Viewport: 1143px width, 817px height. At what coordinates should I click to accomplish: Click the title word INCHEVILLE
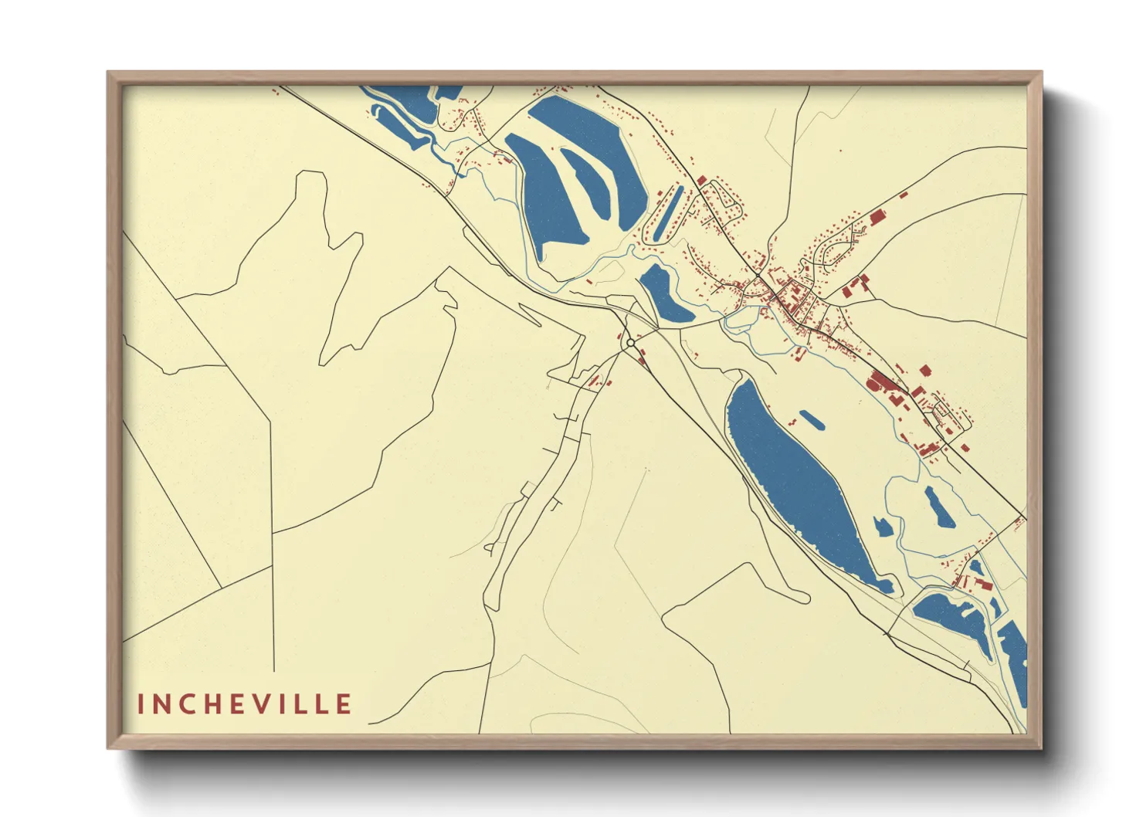[245, 703]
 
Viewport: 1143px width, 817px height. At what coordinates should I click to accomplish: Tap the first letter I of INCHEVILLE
[141, 703]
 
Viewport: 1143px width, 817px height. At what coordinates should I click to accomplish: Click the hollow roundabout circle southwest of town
[630, 342]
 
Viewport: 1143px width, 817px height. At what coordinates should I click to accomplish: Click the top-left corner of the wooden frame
[109, 73]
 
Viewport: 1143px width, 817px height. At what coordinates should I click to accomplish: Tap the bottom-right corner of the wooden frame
[1040, 748]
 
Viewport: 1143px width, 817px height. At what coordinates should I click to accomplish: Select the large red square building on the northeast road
[877, 218]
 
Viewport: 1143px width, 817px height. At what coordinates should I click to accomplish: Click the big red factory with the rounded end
[883, 383]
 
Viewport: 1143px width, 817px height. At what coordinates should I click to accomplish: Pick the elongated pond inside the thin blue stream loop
[939, 507]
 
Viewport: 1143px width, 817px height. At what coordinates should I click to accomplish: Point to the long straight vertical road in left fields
[273, 541]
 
